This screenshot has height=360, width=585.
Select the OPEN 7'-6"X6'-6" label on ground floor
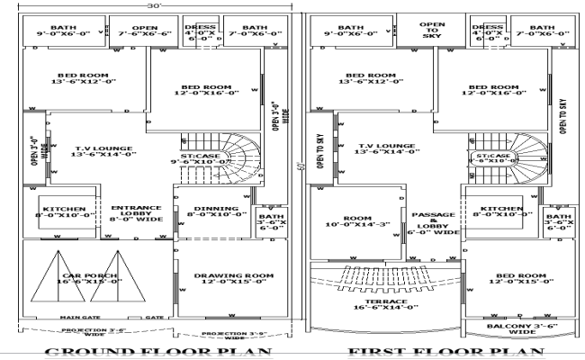[x=146, y=32]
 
